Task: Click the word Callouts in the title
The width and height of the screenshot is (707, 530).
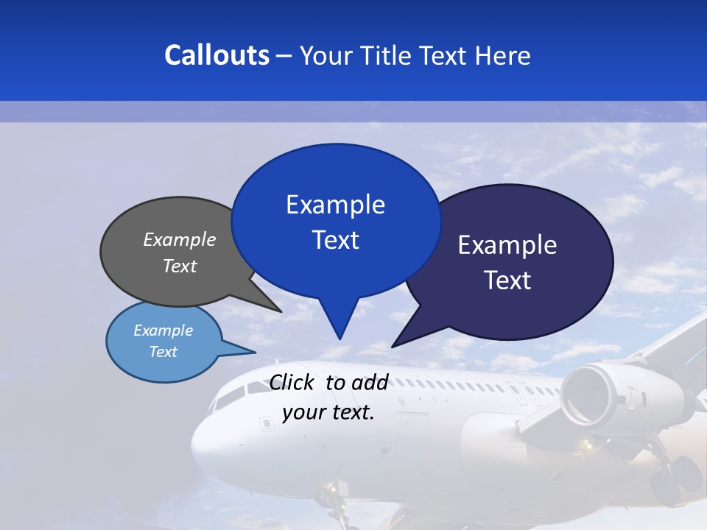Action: tap(217, 55)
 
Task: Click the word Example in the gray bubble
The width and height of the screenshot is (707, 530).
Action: tap(180, 240)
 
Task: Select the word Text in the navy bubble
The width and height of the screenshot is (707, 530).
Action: tap(507, 280)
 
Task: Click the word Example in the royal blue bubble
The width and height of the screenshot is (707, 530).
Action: tap(335, 205)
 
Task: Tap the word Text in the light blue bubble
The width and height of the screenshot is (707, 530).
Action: tap(163, 352)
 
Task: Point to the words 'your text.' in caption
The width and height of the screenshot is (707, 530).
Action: tap(328, 412)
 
